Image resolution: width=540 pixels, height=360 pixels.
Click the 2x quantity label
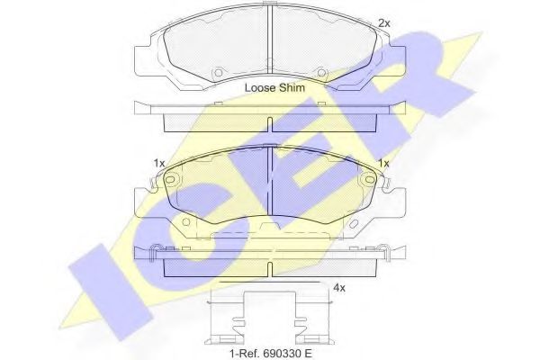384,23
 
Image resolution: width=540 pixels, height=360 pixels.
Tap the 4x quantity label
339,288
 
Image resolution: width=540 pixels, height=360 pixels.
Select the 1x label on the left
159,163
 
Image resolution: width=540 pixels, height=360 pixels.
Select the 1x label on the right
383,163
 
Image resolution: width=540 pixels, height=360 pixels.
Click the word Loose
260,88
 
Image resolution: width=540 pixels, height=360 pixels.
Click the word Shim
292,88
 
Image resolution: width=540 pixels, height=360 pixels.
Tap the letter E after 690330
308,354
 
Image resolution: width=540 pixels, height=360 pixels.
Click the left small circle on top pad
218,73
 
